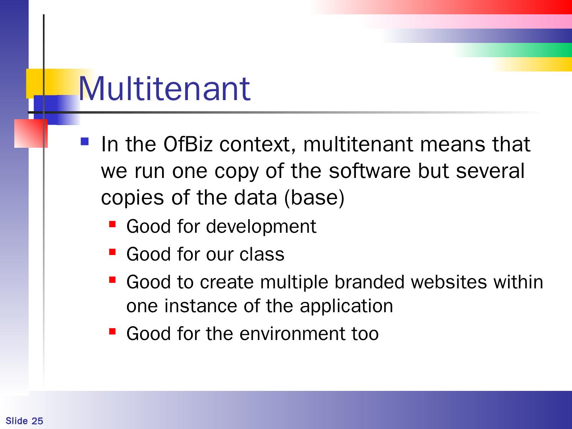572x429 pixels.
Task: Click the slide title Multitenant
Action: pyautogui.click(x=164, y=89)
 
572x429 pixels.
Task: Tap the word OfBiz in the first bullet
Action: pyautogui.click(x=188, y=144)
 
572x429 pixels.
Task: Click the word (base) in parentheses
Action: pyautogui.click(x=314, y=198)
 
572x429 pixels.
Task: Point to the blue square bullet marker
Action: pyautogui.click(x=85, y=141)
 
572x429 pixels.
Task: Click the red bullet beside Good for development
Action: pyautogui.click(x=112, y=224)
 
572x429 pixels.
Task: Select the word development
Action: pyautogui.click(x=261, y=226)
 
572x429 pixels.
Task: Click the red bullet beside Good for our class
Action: pyautogui.click(x=112, y=252)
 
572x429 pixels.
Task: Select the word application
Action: pyautogui.click(x=346, y=306)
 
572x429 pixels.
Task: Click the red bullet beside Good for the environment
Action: pyautogui.click(x=112, y=331)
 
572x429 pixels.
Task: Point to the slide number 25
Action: pyautogui.click(x=37, y=421)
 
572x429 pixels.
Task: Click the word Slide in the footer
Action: pyautogui.click(x=17, y=421)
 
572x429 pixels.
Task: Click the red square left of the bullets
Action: pyautogui.click(x=31, y=133)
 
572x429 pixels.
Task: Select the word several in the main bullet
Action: pyautogui.click(x=490, y=171)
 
